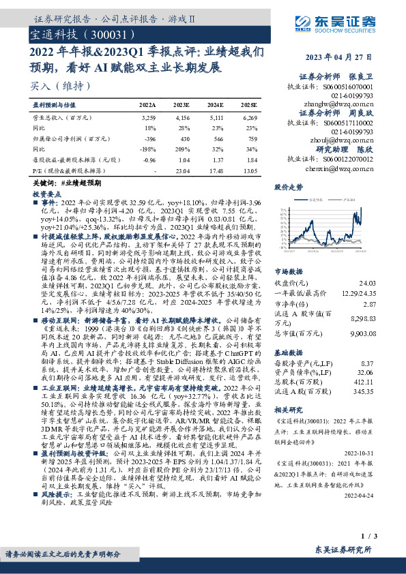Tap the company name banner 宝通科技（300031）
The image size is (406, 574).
[75, 33]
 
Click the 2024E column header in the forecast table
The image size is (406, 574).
[215, 106]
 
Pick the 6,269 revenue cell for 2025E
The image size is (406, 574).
[249, 118]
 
